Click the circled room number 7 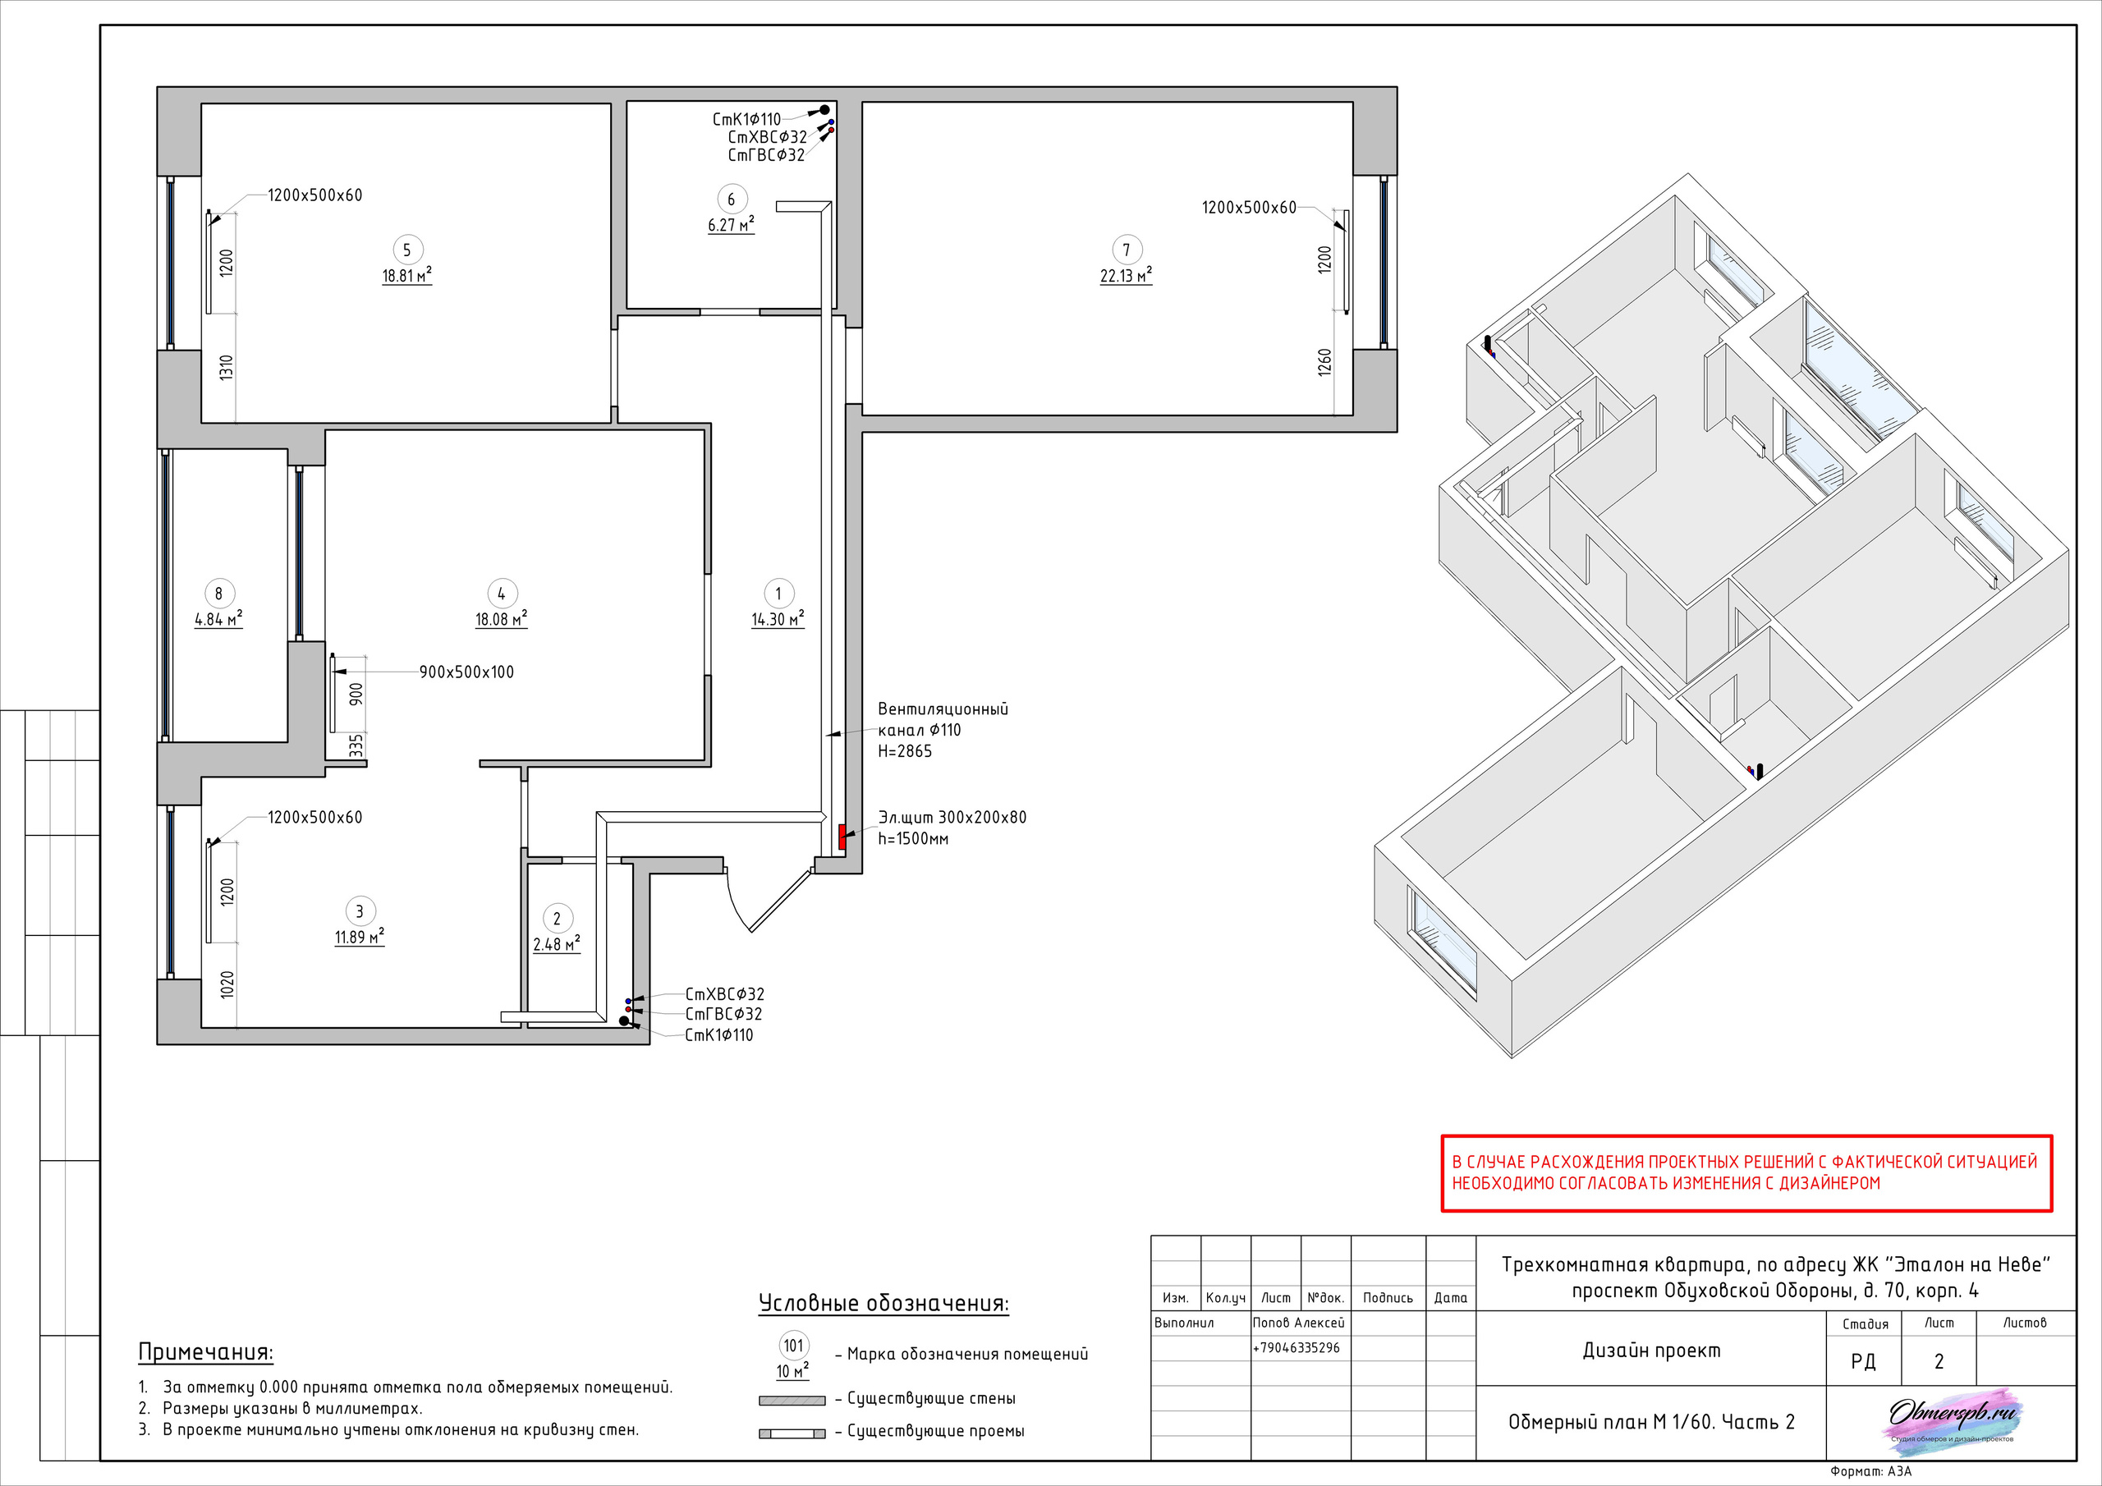coord(1126,250)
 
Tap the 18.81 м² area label coord(407,276)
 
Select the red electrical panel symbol coord(842,837)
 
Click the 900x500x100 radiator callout coord(467,672)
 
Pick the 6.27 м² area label coord(731,225)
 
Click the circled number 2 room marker coord(557,919)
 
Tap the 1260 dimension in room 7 coord(1324,363)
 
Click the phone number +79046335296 coord(1296,1348)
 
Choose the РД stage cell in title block coord(1863,1361)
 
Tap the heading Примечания coord(206,1352)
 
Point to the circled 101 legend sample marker coord(794,1346)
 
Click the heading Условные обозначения coord(883,1304)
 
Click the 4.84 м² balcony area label coord(218,620)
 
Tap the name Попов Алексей coord(1298,1323)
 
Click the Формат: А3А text coord(1871,1472)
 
